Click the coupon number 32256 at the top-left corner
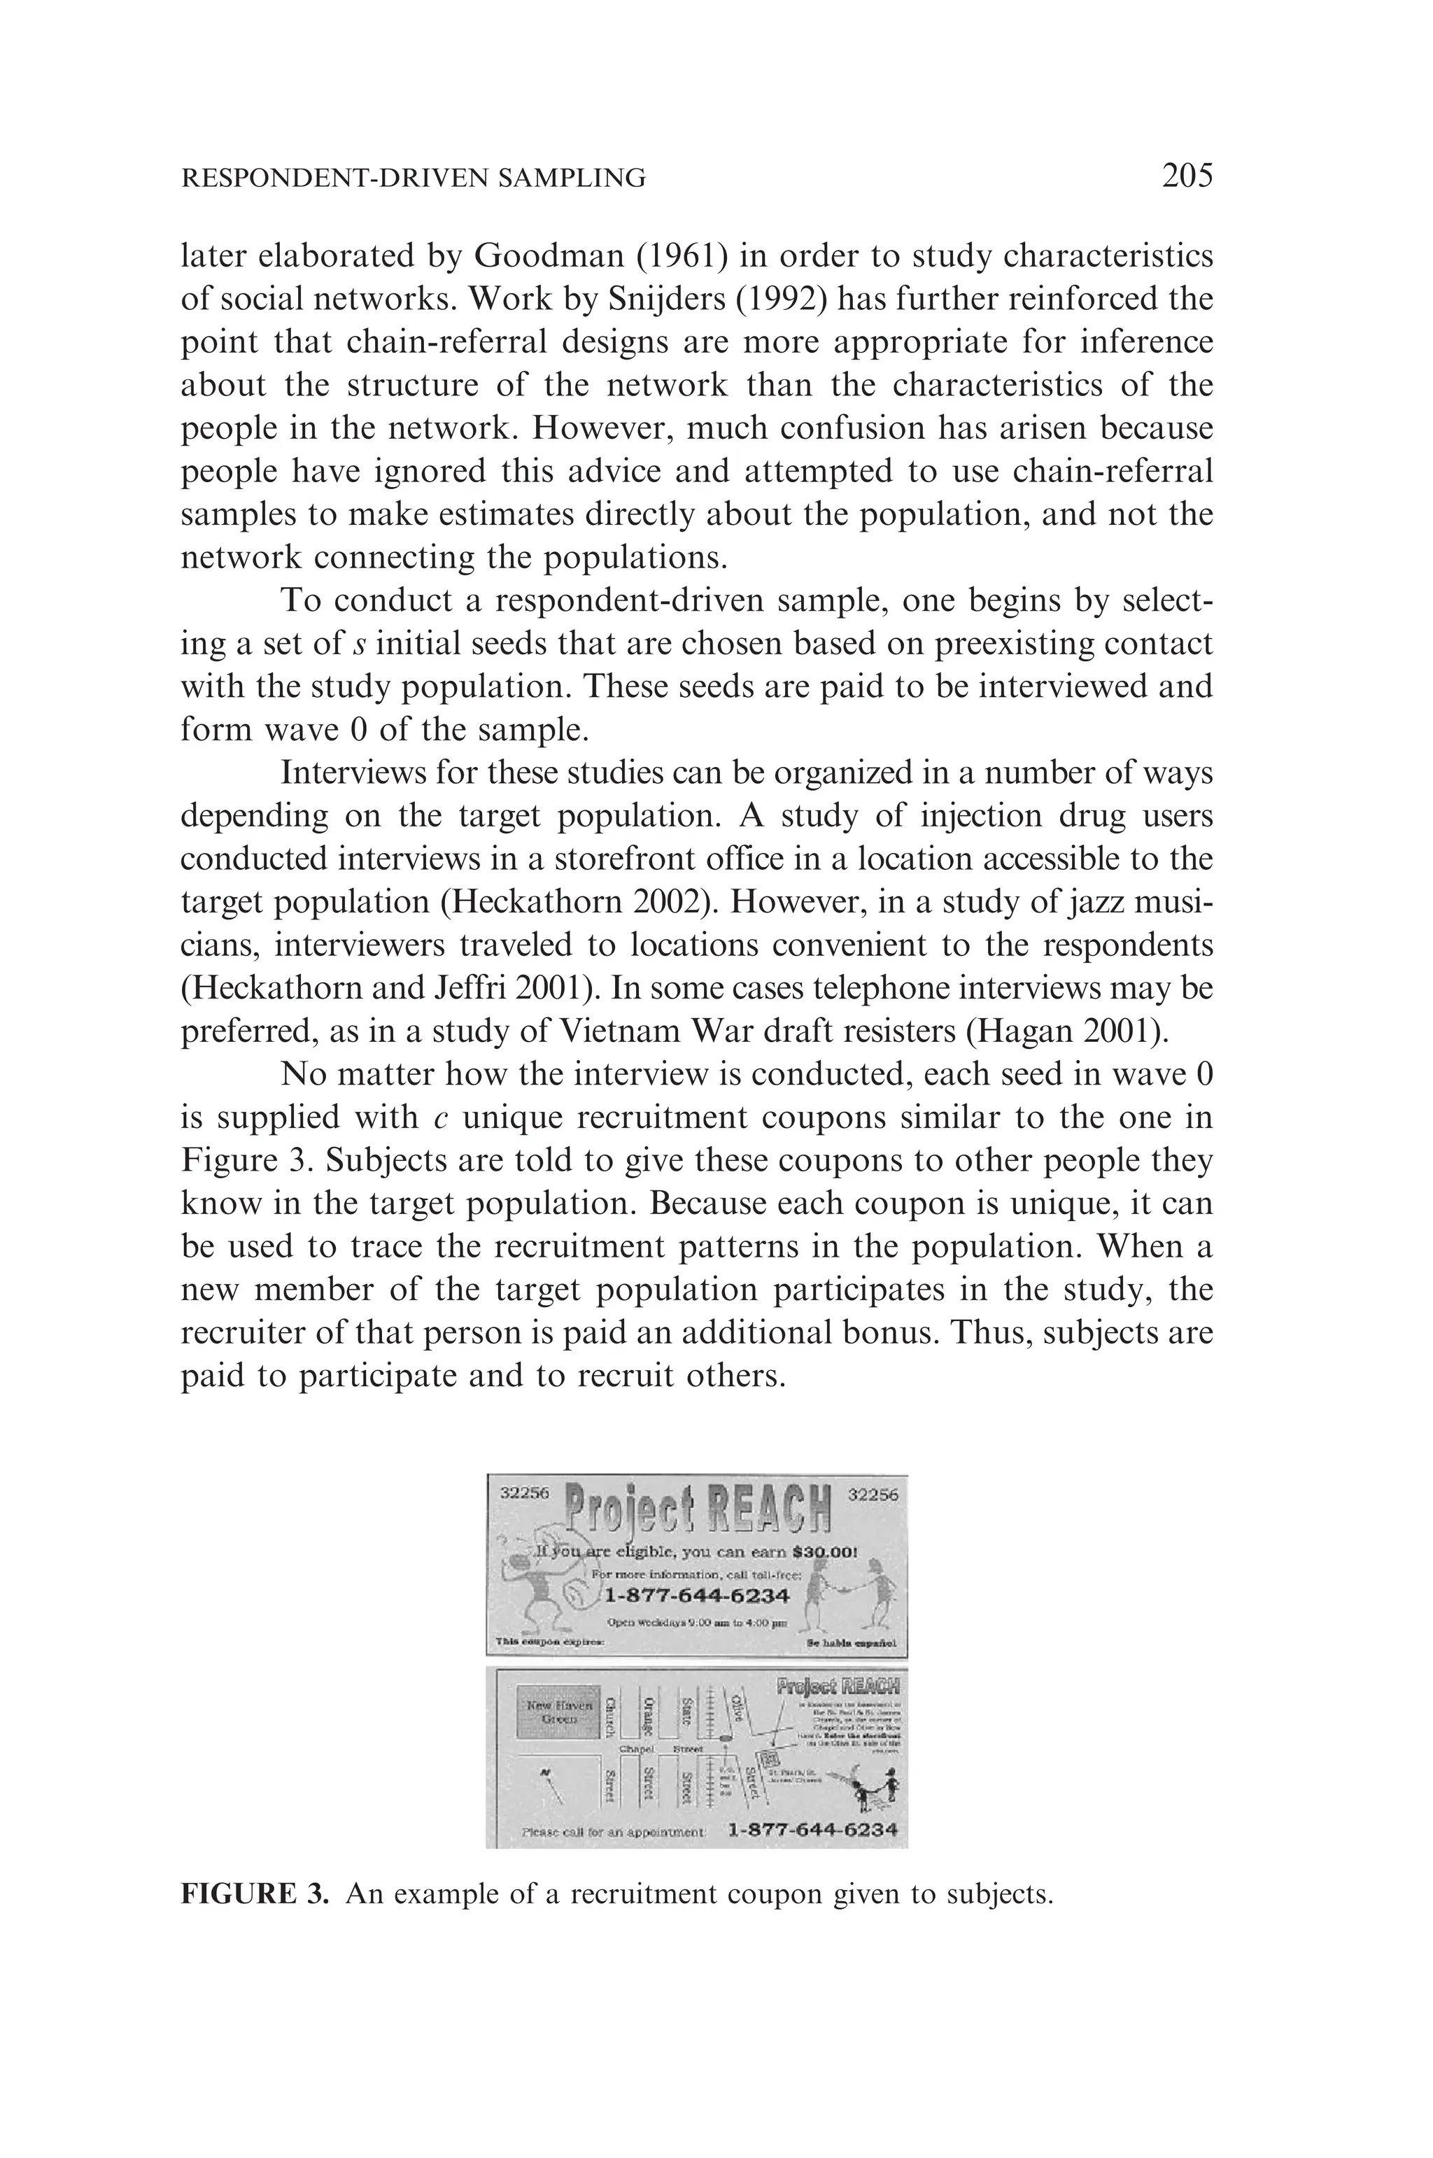point(523,1493)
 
